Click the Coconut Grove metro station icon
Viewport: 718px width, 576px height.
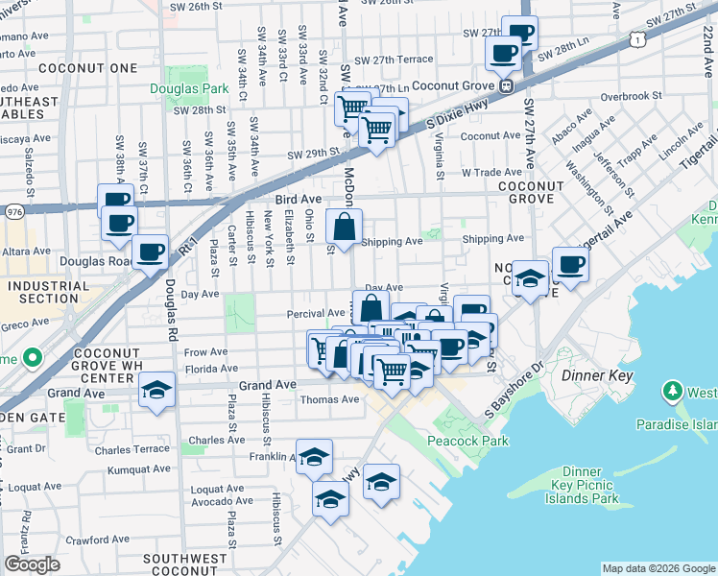point(505,84)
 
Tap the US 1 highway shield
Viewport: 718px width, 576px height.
point(635,37)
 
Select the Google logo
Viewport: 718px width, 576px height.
point(32,564)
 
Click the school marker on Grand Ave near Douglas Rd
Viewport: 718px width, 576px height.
point(156,390)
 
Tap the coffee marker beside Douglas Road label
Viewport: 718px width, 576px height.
point(150,252)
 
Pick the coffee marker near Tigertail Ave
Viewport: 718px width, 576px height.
point(570,264)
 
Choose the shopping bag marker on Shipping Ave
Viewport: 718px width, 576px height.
point(344,228)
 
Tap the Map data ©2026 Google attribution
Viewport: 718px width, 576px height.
point(658,568)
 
